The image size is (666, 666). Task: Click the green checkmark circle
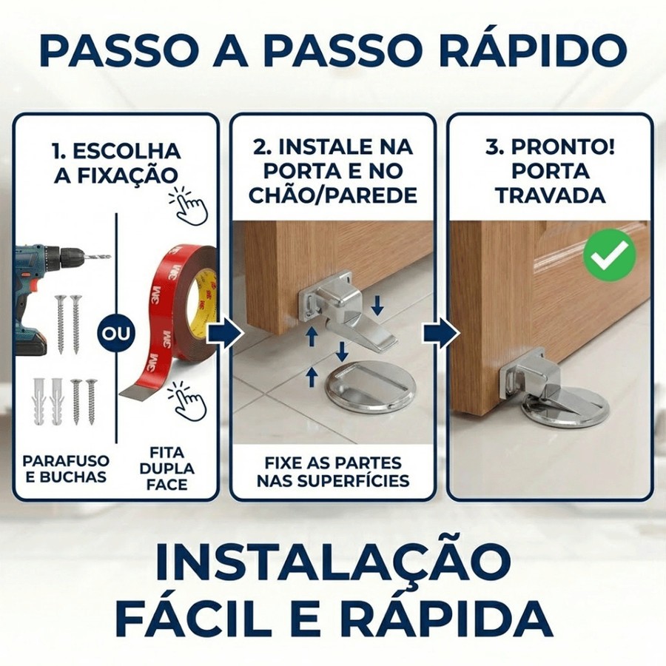[x=610, y=255]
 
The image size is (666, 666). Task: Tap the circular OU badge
[x=117, y=333]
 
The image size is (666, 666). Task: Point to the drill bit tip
[x=110, y=257]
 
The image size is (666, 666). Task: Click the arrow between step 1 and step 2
[x=226, y=334]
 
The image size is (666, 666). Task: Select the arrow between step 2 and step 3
[x=441, y=334]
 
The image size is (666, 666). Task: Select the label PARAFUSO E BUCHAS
[x=66, y=468]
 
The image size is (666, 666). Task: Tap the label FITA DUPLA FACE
[x=167, y=468]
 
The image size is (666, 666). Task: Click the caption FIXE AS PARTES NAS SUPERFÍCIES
[x=333, y=471]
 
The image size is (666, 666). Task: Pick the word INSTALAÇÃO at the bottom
[x=333, y=562]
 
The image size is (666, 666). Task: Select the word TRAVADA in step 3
[x=552, y=196]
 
